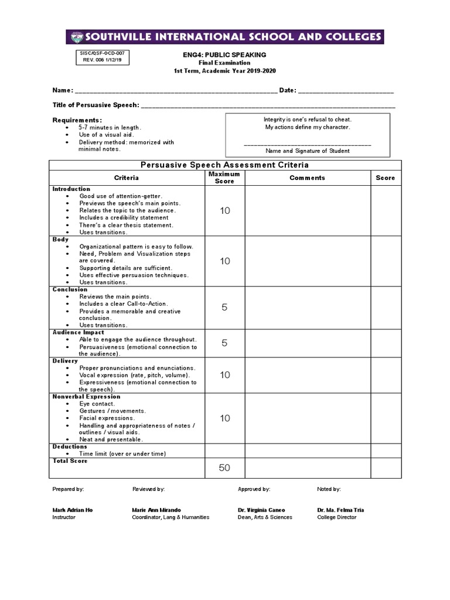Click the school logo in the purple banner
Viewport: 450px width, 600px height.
pos(76,37)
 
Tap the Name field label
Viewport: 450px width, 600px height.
pos(63,90)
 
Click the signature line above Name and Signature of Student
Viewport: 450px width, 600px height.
pos(307,144)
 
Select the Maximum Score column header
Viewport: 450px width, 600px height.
pos(224,178)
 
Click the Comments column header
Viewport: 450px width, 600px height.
pos(307,178)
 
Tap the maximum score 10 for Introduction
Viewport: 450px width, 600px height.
pos(225,211)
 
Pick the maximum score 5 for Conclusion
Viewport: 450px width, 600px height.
pos(225,308)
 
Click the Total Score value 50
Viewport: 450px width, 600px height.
pos(225,468)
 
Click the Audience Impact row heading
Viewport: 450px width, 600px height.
pos(79,332)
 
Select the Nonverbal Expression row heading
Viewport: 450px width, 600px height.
pos(86,397)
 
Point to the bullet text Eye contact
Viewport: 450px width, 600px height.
pos(97,404)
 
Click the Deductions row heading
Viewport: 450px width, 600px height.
pos(70,446)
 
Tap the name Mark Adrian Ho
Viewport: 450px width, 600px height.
pos(73,510)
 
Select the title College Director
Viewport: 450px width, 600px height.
pos(337,517)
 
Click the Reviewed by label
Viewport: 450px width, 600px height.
pos(149,489)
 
